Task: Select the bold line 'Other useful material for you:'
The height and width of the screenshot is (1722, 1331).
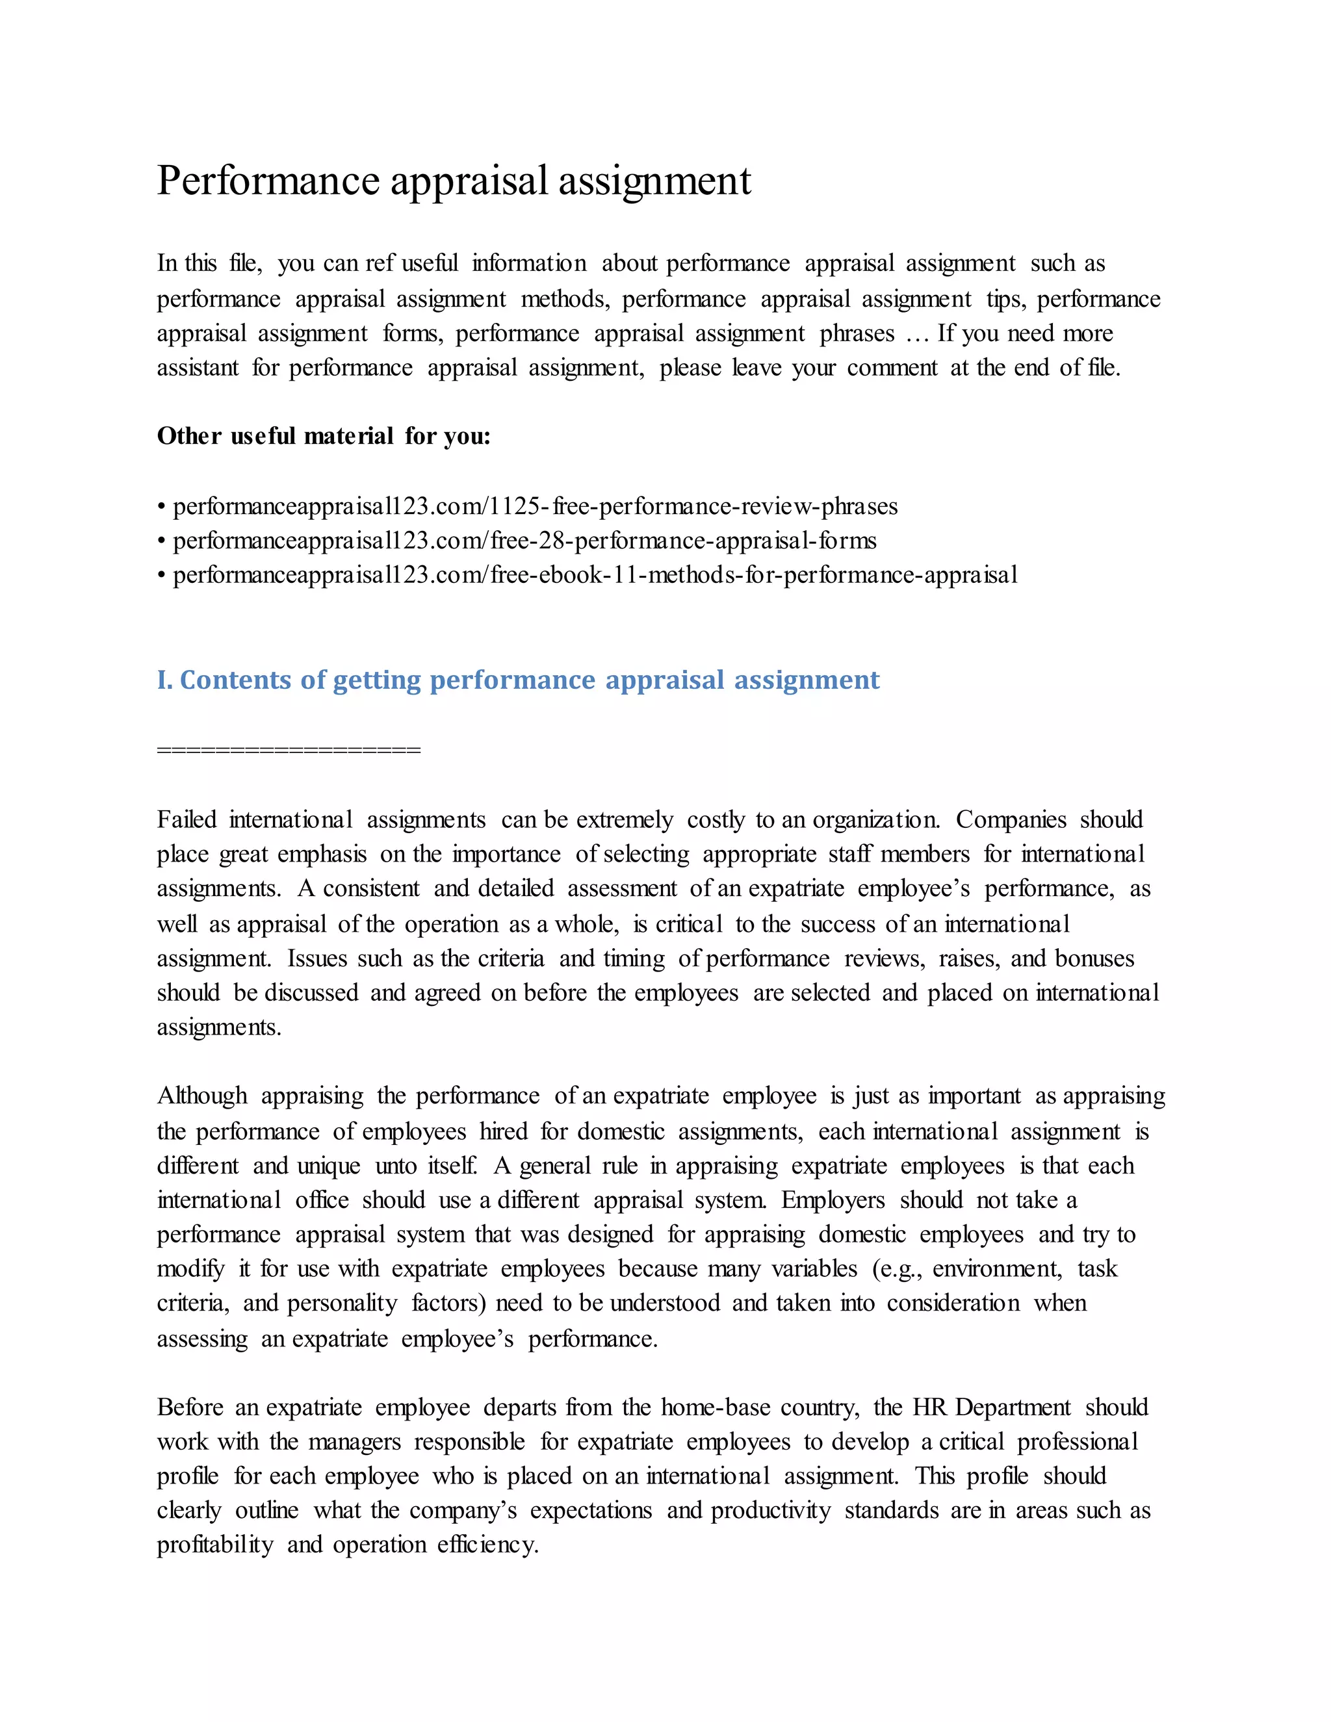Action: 323,436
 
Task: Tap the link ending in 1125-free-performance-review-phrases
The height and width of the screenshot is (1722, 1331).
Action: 535,506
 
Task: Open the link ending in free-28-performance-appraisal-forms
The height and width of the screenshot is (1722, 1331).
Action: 524,541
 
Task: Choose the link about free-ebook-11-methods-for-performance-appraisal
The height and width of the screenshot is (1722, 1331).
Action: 595,576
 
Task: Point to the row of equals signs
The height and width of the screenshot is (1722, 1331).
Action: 289,750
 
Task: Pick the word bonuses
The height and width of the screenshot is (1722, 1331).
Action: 1094,958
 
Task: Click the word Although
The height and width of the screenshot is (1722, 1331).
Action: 202,1096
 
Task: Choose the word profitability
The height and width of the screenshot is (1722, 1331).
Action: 214,1545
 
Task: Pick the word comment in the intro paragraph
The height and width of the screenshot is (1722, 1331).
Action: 892,368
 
